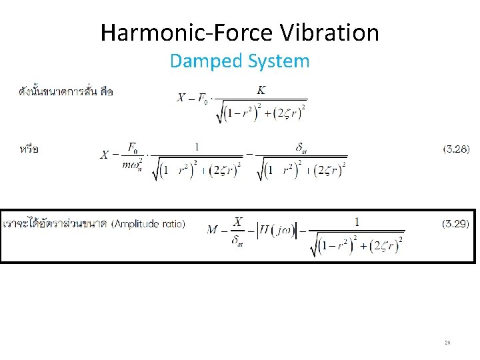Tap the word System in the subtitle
(x=279, y=61)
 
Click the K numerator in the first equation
(x=261, y=90)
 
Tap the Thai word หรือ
(x=29, y=149)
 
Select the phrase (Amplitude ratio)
(x=148, y=224)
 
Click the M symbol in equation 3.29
(x=213, y=230)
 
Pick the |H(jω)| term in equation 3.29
(x=275, y=230)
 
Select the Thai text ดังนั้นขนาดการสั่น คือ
(x=65, y=91)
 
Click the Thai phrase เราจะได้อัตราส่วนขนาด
(x=56, y=224)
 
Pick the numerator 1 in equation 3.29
(x=357, y=221)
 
